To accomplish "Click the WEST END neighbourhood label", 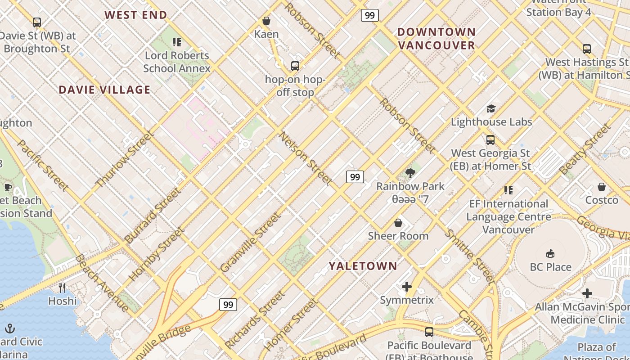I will point(136,15).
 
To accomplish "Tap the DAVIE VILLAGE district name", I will point(104,90).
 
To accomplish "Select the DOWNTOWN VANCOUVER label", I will point(436,38).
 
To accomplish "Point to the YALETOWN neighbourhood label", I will point(363,266).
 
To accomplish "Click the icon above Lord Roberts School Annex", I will point(177,42).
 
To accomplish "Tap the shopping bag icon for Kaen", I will point(266,21).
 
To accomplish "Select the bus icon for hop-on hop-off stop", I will point(295,66).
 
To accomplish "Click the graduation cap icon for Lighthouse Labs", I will point(491,109).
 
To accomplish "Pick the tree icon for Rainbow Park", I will point(410,173).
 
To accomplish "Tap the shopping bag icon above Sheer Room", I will point(398,223).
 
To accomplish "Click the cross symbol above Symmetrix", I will point(407,287).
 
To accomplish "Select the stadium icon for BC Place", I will point(550,254).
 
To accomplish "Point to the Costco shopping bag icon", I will point(602,187).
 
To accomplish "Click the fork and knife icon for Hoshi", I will point(62,288).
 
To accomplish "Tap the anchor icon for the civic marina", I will point(10,328).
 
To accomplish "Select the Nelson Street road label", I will point(306,158).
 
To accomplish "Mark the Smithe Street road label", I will point(469,256).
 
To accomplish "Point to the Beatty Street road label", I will point(585,149).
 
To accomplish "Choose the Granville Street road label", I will point(251,243).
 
